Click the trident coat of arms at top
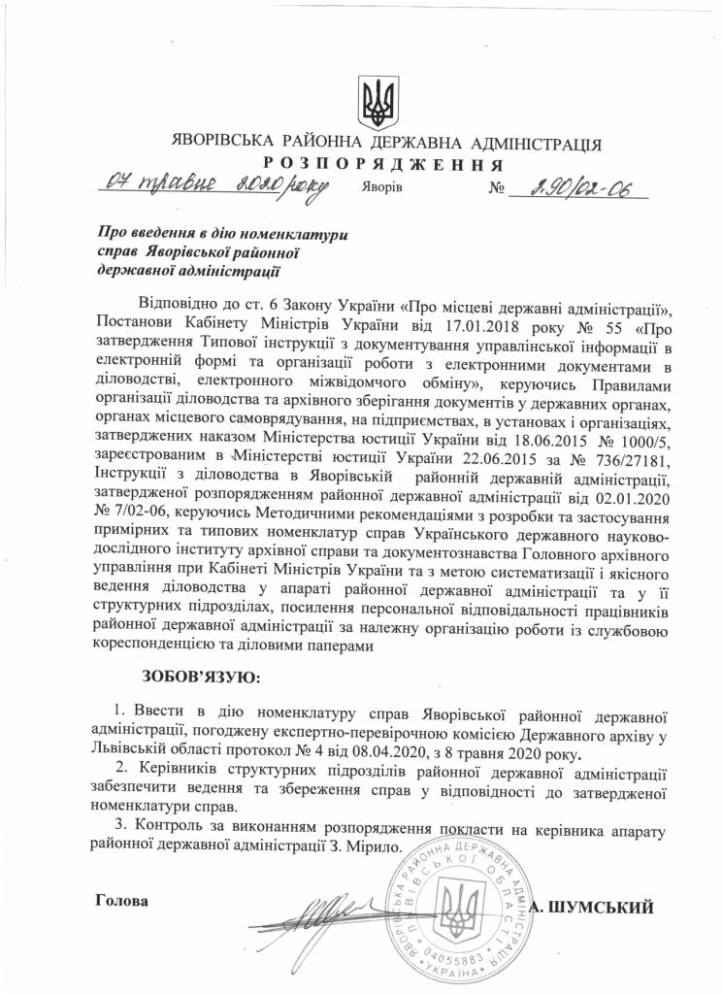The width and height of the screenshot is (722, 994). point(374,98)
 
